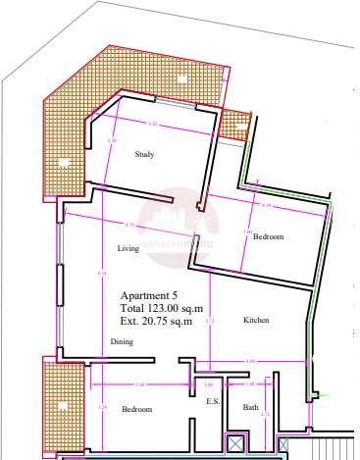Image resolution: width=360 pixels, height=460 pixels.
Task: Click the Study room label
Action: pos(145,154)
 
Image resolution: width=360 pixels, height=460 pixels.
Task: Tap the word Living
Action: pos(129,249)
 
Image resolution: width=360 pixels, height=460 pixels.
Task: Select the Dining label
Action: pos(122,341)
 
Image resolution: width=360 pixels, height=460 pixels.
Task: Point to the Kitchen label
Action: pos(256,321)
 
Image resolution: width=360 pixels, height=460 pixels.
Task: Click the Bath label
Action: pos(250,408)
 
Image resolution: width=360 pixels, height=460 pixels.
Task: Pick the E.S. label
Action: pos(211,402)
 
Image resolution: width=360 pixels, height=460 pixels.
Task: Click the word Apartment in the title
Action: pos(144,295)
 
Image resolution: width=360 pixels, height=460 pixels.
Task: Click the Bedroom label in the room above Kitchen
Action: pos(268,237)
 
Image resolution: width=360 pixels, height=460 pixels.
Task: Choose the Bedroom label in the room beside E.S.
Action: pos(136,408)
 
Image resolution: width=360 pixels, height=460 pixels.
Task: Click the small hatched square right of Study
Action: pos(234,124)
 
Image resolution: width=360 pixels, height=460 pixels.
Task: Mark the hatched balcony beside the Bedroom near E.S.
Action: pos(51,403)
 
